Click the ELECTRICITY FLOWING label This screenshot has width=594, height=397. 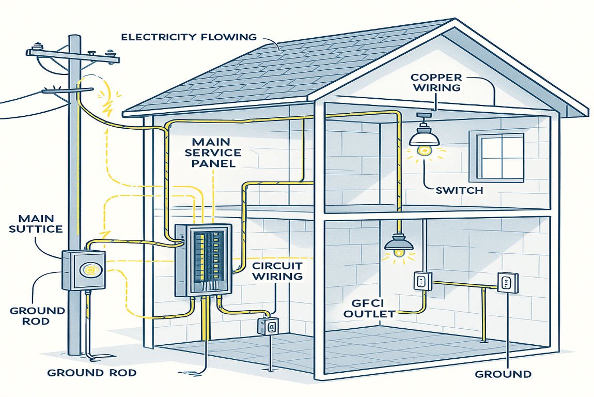(x=189, y=37)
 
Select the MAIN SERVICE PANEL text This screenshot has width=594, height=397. (x=216, y=152)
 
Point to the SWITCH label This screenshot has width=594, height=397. (x=459, y=191)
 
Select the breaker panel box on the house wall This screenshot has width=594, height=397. (x=203, y=260)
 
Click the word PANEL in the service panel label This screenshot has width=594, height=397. (x=216, y=163)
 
